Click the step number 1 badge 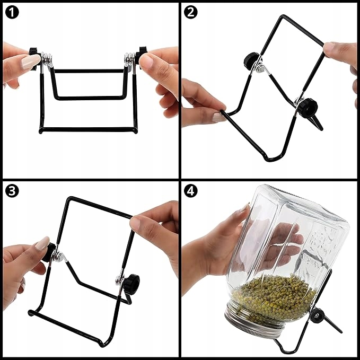click(12, 12)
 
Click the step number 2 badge click(190, 12)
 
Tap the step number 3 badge click(12, 191)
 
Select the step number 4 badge click(190, 191)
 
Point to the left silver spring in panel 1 click(47, 60)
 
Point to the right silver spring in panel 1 click(130, 60)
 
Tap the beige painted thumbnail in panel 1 click(31, 62)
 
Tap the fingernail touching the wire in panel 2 click(218, 117)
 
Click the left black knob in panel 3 click(49, 252)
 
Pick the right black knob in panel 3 click(131, 282)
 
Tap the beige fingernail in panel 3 click(42, 243)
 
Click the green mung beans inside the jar click(274, 298)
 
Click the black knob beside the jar click(317, 315)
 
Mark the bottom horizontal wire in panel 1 click(88, 130)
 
